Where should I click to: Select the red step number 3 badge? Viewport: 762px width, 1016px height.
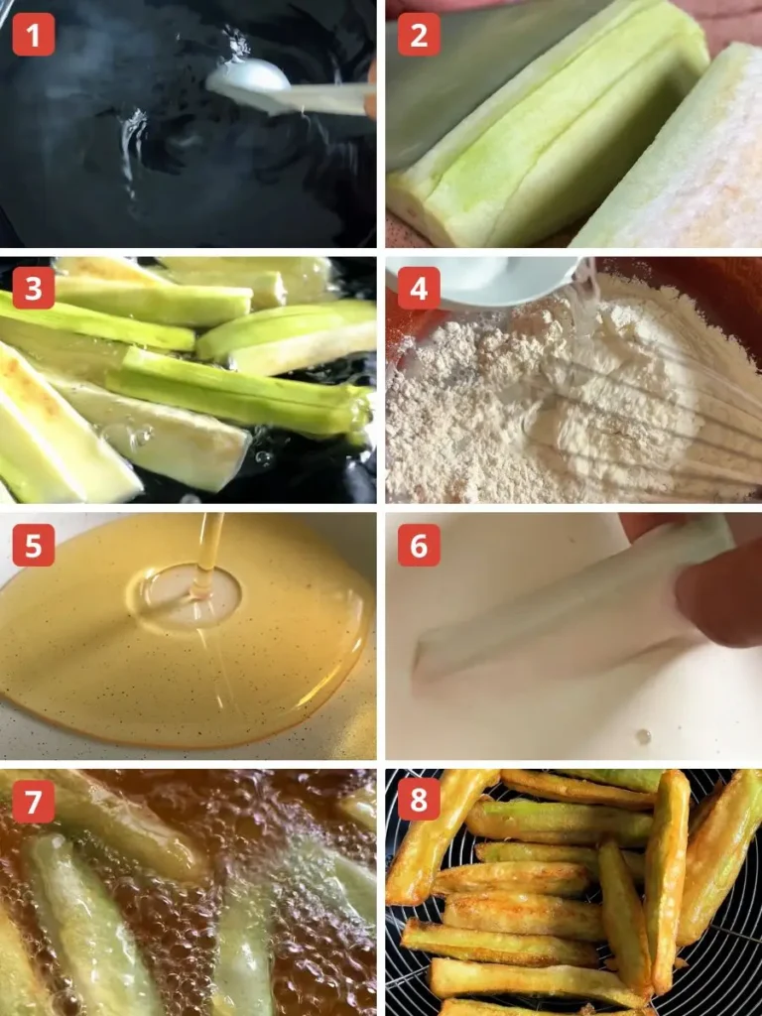click(x=33, y=289)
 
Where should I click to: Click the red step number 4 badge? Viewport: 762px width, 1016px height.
click(x=419, y=289)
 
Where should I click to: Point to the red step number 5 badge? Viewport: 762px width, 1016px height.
click(x=33, y=545)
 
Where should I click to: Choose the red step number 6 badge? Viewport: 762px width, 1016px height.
click(x=419, y=545)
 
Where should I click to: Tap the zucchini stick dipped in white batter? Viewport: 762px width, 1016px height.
click(x=556, y=615)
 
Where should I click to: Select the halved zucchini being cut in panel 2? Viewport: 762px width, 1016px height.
click(x=556, y=139)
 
